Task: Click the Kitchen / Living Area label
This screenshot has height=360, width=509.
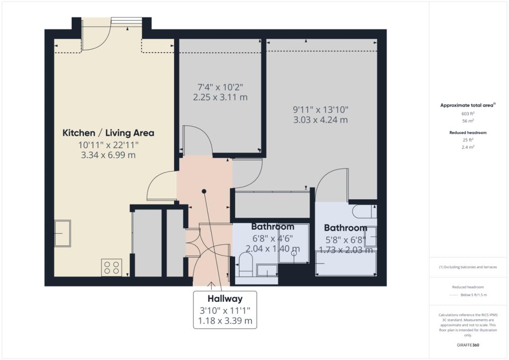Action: click(x=108, y=133)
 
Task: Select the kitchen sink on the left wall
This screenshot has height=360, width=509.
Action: click(x=63, y=233)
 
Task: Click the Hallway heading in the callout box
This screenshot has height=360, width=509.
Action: click(x=225, y=298)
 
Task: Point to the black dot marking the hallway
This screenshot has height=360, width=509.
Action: click(x=204, y=191)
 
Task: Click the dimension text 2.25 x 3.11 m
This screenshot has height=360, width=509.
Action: click(x=220, y=97)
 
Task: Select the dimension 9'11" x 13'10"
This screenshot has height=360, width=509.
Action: click(x=321, y=110)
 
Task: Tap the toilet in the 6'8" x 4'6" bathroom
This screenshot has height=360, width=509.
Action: click(x=246, y=264)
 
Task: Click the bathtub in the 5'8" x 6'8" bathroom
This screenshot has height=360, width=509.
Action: click(x=346, y=263)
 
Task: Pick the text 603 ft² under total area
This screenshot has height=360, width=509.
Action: click(x=468, y=113)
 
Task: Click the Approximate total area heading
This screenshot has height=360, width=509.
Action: click(x=467, y=105)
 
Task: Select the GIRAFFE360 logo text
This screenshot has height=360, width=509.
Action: click(x=468, y=345)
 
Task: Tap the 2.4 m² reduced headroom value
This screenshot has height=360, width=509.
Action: click(x=468, y=147)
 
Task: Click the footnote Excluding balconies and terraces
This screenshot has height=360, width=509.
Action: click(x=468, y=267)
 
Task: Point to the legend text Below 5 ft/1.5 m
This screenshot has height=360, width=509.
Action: click(x=474, y=295)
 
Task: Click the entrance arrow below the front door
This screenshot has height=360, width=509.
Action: click(x=211, y=285)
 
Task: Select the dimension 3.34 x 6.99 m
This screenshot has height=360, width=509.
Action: click(x=108, y=155)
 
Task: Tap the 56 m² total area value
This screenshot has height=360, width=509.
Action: click(x=468, y=121)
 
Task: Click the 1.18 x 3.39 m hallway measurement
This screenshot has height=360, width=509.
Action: click(x=225, y=321)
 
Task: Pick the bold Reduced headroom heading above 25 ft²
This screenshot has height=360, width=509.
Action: click(x=468, y=132)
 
